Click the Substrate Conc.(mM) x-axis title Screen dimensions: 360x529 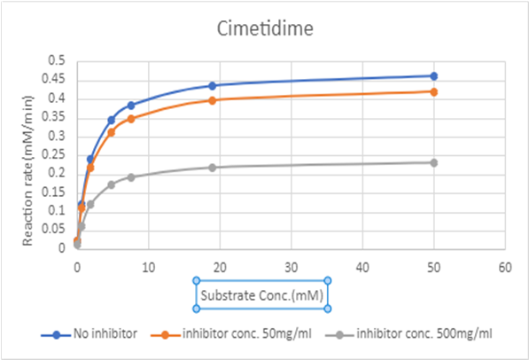click(262, 293)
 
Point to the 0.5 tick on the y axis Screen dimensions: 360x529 click(58, 61)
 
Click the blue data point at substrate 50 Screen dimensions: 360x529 click(433, 76)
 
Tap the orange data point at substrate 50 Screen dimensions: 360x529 click(433, 91)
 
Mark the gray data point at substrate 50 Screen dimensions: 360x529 click(433, 162)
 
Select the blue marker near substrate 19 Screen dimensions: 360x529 click(213, 86)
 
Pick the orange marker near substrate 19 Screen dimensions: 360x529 click(213, 100)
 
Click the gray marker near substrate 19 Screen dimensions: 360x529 click(213, 168)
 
